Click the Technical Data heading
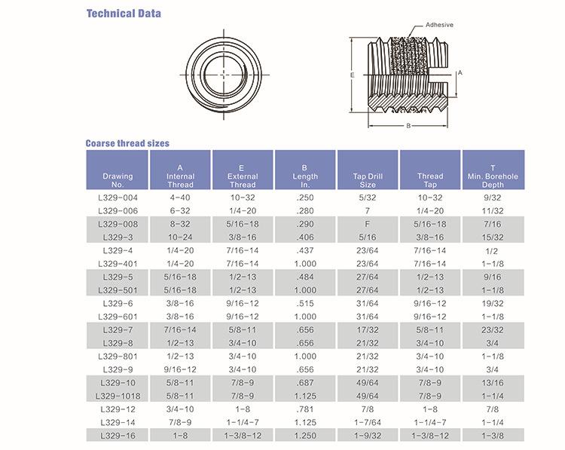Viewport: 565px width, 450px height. click(124, 14)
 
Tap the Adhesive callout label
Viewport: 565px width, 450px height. click(439, 25)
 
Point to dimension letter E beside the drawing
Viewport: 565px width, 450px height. click(353, 75)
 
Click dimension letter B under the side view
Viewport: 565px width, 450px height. click(408, 126)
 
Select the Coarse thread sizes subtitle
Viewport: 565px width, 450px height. click(127, 143)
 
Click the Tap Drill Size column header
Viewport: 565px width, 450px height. click(368, 180)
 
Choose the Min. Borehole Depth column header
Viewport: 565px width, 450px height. click(493, 176)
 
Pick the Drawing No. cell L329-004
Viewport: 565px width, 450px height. click(118, 197)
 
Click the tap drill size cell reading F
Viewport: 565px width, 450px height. click(367, 224)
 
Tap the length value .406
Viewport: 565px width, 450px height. click(305, 237)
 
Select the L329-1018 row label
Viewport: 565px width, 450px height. click(118, 396)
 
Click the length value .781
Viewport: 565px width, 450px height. click(305, 409)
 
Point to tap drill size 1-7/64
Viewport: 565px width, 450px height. click(368, 422)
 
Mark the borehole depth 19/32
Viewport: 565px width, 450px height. click(493, 303)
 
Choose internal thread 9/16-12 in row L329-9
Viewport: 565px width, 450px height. click(180, 369)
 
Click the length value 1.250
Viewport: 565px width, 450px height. click(305, 436)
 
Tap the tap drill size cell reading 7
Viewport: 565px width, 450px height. click(367, 211)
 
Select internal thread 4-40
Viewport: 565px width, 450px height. click(180, 197)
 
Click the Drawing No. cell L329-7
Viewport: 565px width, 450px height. click(118, 330)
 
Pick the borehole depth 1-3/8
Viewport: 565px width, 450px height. click(493, 436)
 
